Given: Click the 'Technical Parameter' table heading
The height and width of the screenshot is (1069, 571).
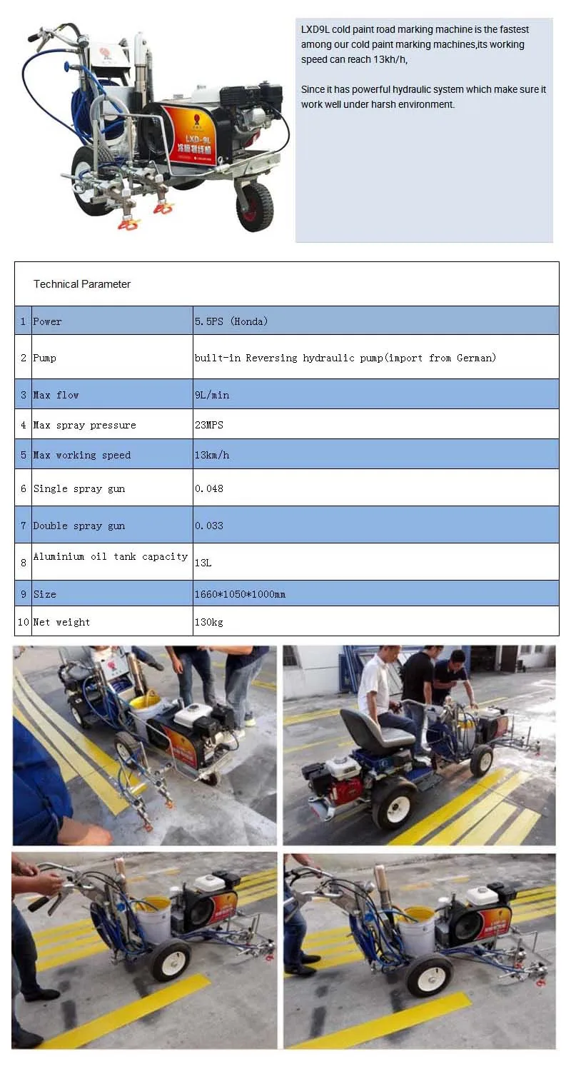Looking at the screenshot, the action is (81, 284).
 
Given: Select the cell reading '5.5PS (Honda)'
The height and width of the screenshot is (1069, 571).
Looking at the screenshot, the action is (231, 321).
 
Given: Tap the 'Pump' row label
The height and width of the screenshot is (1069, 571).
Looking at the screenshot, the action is (44, 358).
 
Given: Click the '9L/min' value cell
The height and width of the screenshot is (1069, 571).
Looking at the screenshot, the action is (212, 395).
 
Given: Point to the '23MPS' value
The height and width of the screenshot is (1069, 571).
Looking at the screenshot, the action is (209, 425).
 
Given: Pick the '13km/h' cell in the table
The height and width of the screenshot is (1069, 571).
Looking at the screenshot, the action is (212, 455).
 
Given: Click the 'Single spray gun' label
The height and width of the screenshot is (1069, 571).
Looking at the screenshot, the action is (79, 488).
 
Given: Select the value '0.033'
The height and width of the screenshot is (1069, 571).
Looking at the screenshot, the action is (209, 526).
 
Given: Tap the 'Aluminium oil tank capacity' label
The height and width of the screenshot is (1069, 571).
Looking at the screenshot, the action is (110, 556).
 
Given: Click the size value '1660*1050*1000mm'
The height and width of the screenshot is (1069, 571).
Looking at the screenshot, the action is (240, 594).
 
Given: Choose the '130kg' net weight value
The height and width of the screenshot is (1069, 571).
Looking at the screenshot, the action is (209, 622).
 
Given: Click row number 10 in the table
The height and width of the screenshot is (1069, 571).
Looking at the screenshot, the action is (24, 622).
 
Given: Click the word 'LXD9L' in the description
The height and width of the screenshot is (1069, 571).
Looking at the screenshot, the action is (315, 29).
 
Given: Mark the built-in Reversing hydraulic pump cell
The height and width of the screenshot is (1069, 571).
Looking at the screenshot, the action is (345, 358).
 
